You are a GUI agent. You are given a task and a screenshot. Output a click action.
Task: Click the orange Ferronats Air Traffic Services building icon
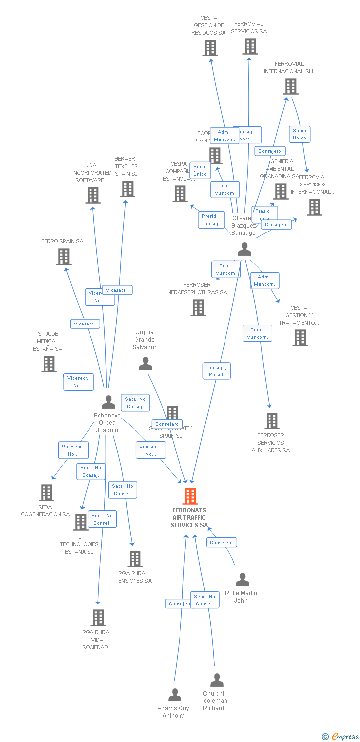190,496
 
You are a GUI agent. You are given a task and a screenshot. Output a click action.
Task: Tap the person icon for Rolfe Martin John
242,579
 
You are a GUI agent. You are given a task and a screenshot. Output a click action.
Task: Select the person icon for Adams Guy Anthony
175,695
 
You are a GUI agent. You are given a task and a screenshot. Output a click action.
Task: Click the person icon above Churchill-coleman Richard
217,680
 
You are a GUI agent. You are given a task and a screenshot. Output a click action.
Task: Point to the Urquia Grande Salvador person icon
145,364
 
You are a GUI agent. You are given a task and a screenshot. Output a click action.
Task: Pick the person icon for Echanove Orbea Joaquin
108,402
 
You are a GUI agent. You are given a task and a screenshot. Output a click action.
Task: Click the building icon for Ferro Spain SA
63,257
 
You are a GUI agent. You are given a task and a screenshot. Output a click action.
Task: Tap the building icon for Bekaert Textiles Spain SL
127,189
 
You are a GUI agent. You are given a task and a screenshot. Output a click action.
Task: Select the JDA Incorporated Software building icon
93,195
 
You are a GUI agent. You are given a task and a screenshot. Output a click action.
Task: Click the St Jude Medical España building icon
48,364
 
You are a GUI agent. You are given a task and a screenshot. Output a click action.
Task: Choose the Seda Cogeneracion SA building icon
46,493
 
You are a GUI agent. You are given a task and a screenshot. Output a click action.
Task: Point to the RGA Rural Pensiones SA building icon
135,559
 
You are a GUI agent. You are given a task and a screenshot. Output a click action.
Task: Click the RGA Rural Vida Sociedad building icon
98,618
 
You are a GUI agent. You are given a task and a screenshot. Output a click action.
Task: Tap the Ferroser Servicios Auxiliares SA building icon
271,421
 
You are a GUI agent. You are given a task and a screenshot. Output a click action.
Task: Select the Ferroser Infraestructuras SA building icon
198,308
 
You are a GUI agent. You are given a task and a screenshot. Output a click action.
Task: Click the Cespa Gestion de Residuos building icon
210,48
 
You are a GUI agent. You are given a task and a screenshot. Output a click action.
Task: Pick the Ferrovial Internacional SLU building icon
290,87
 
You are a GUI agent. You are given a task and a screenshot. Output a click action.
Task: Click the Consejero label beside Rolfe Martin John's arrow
221,542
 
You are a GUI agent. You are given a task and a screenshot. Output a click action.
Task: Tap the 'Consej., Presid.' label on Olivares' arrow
217,371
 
